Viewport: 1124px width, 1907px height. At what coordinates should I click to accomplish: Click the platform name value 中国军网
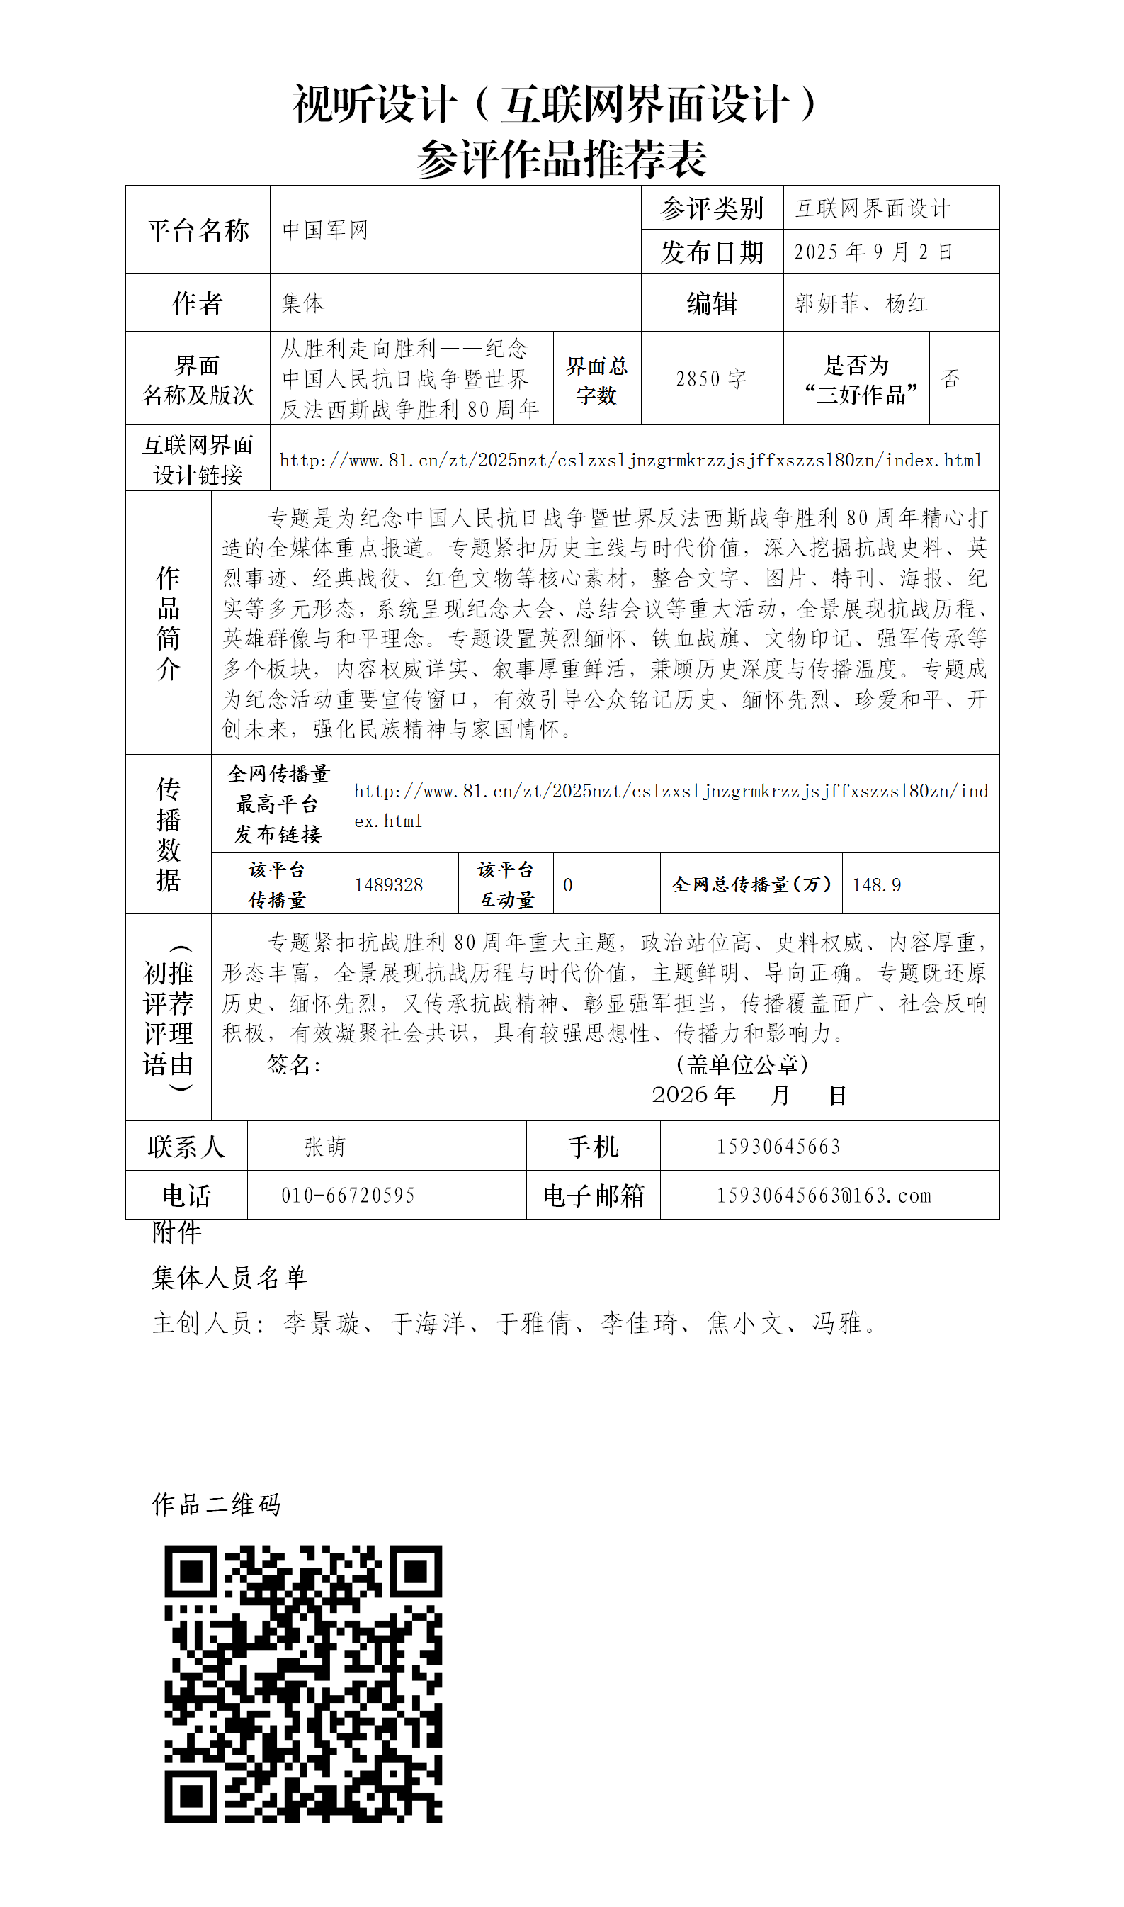325,230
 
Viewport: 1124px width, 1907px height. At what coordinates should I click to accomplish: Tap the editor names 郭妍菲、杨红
861,303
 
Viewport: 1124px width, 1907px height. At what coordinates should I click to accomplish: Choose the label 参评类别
711,208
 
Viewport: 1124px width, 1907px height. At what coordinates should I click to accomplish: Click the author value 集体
302,303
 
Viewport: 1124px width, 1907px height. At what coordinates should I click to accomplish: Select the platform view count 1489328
389,884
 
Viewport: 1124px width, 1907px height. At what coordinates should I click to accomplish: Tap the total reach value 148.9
876,884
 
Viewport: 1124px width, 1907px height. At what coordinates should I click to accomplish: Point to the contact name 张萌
325,1147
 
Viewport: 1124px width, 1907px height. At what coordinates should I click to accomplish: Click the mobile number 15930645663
778,1147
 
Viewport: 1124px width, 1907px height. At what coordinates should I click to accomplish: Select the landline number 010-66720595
348,1195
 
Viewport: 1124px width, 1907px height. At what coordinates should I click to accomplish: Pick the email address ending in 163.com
824,1195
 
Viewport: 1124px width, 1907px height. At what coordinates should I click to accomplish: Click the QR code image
303,1684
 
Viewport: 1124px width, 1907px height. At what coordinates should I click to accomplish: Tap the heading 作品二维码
217,1504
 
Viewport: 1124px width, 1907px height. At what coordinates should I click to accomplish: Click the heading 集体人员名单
229,1278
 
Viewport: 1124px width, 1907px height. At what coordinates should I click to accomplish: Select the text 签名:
294,1064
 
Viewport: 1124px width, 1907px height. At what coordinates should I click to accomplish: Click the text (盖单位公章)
742,1064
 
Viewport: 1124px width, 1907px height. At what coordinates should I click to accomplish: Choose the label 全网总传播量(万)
751,884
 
